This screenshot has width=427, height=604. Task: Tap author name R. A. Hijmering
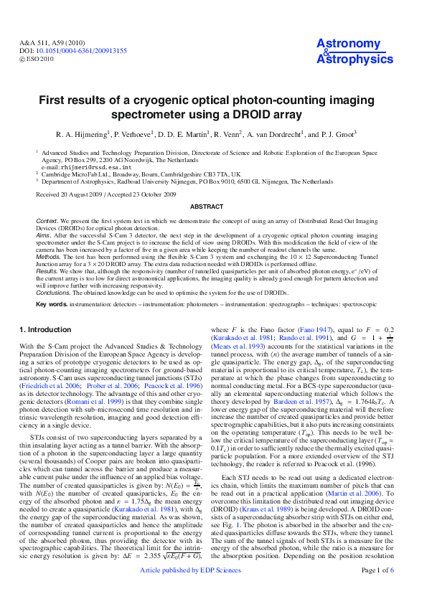click(81, 134)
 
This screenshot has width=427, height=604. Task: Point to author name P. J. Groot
click(336, 134)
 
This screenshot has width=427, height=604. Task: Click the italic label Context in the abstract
click(48, 218)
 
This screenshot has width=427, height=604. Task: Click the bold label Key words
click(52, 304)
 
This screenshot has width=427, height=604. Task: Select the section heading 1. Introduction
click(44, 330)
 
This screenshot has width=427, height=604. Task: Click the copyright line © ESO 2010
click(36, 60)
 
